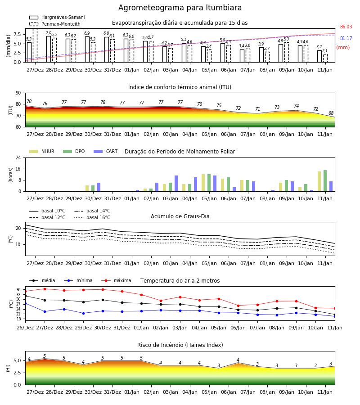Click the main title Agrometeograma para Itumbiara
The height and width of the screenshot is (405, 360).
pyautogui.click(x=180, y=8)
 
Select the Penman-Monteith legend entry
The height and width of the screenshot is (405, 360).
pyautogui.click(x=55, y=24)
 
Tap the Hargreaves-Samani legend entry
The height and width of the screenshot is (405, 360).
pyautogui.click(x=57, y=17)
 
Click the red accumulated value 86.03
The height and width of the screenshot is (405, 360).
pyautogui.click(x=346, y=27)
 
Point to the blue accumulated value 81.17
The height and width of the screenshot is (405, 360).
pyautogui.click(x=346, y=39)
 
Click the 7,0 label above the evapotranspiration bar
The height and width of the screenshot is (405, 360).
pyautogui.click(x=49, y=33)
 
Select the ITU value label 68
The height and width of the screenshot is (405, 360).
pyautogui.click(x=331, y=113)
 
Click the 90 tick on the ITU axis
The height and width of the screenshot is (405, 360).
pyautogui.click(x=18, y=93)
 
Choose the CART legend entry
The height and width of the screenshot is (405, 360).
pyautogui.click(x=106, y=151)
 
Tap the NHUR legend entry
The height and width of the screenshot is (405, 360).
pyautogui.click(x=42, y=151)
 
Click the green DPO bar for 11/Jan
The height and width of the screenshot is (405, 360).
pyautogui.click(x=325, y=181)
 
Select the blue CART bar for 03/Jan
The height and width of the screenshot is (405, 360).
pyautogui.click(x=176, y=184)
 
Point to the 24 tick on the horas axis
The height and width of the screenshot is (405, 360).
pyautogui.click(x=18, y=157)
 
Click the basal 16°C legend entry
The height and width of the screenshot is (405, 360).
pyautogui.click(x=92, y=217)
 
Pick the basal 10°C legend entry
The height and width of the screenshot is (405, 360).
pyautogui.click(x=47, y=211)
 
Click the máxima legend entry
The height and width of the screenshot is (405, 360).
pyautogui.click(x=117, y=280)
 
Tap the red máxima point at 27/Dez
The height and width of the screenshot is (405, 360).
pyautogui.click(x=45, y=289)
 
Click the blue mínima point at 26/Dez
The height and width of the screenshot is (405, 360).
pyautogui.click(x=25, y=303)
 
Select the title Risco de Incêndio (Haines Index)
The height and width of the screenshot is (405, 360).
pyautogui.click(x=180, y=345)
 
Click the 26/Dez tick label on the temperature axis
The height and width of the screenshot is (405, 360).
pyautogui.click(x=25, y=328)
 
